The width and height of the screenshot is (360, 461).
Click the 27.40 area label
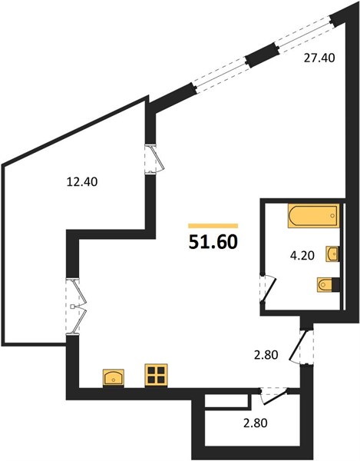(x=319, y=58)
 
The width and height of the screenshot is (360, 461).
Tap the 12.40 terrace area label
(x=82, y=182)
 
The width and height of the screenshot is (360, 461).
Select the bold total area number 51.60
(x=213, y=242)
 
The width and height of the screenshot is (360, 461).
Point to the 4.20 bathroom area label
(x=302, y=256)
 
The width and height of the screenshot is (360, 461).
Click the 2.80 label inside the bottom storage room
(x=255, y=423)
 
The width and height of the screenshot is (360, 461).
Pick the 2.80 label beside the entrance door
(x=266, y=355)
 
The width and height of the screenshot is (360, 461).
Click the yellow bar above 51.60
(x=213, y=226)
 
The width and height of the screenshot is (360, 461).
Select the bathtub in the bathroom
(x=314, y=215)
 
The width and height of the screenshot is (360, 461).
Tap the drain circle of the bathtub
(x=332, y=215)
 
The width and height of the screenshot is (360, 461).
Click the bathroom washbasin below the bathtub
(x=332, y=254)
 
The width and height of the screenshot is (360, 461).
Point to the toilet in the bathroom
(x=329, y=284)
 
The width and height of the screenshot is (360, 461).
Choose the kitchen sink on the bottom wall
(x=114, y=379)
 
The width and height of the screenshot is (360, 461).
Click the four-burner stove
(x=157, y=375)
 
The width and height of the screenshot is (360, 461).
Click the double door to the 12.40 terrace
(x=76, y=307)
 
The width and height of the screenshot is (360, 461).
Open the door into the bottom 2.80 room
(x=274, y=396)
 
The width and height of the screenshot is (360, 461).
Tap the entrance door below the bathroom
(x=302, y=347)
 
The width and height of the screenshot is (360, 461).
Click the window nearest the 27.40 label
(x=305, y=33)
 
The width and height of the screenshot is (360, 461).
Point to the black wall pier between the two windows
(x=262, y=55)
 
